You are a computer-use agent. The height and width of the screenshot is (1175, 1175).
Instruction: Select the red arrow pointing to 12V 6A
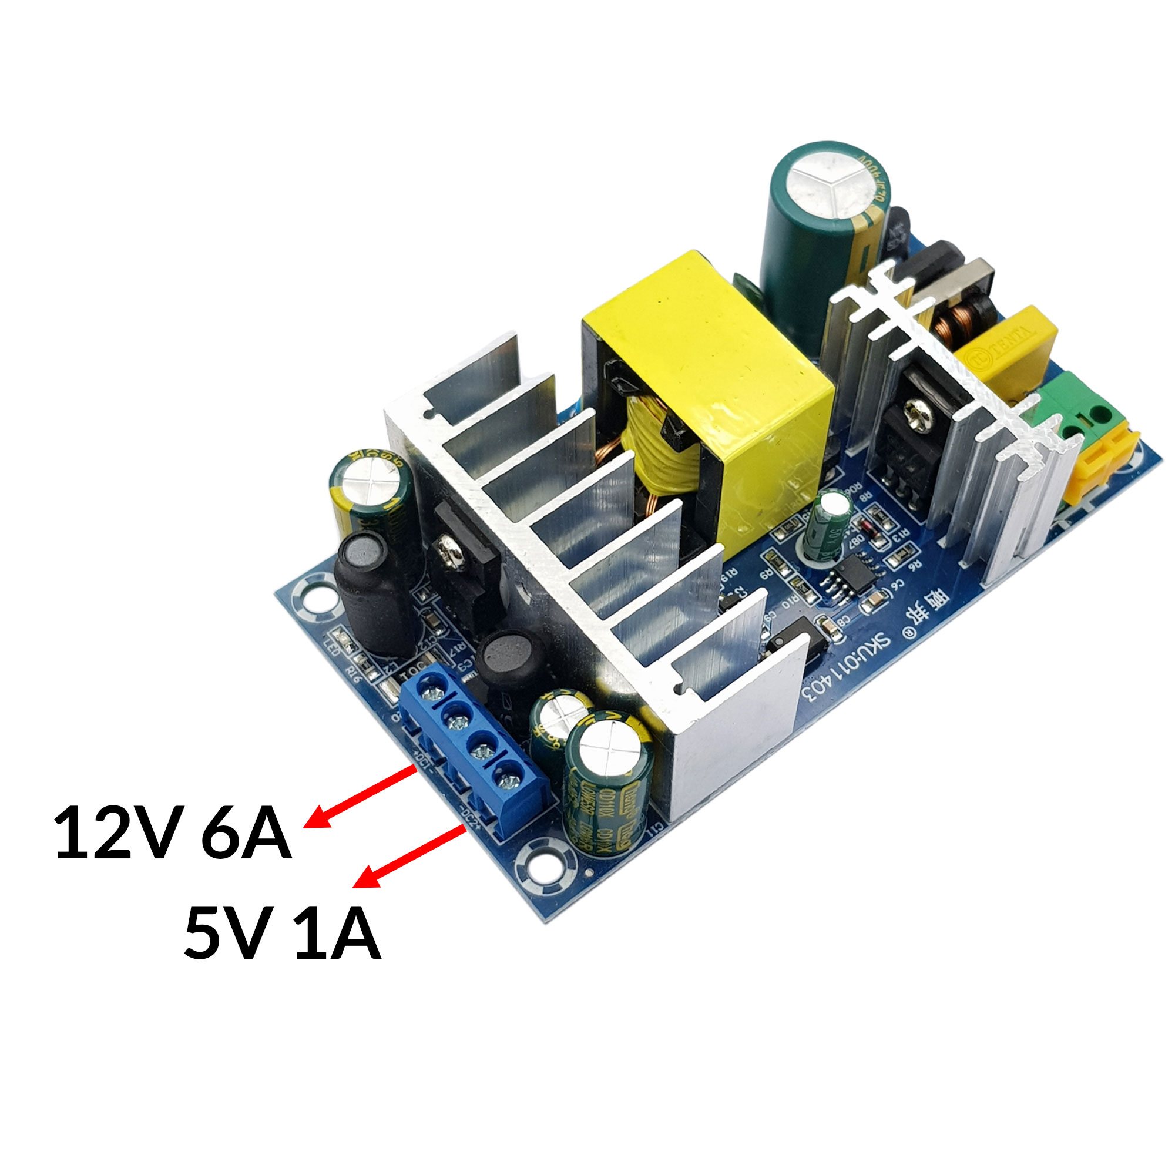pos(359,797)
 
